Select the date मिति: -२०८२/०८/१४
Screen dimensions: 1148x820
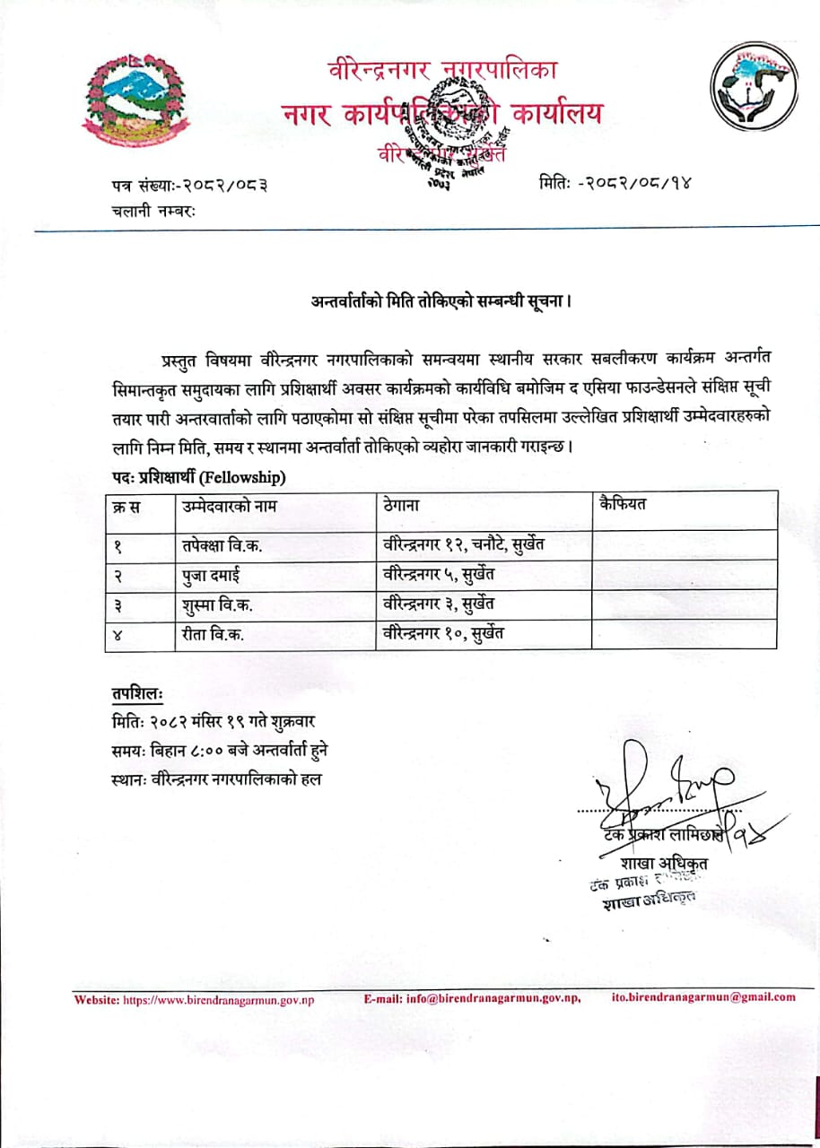[616, 184]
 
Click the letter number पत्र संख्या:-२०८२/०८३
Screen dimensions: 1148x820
[189, 186]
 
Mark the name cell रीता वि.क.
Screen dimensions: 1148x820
[213, 634]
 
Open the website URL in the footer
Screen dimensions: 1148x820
[218, 997]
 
